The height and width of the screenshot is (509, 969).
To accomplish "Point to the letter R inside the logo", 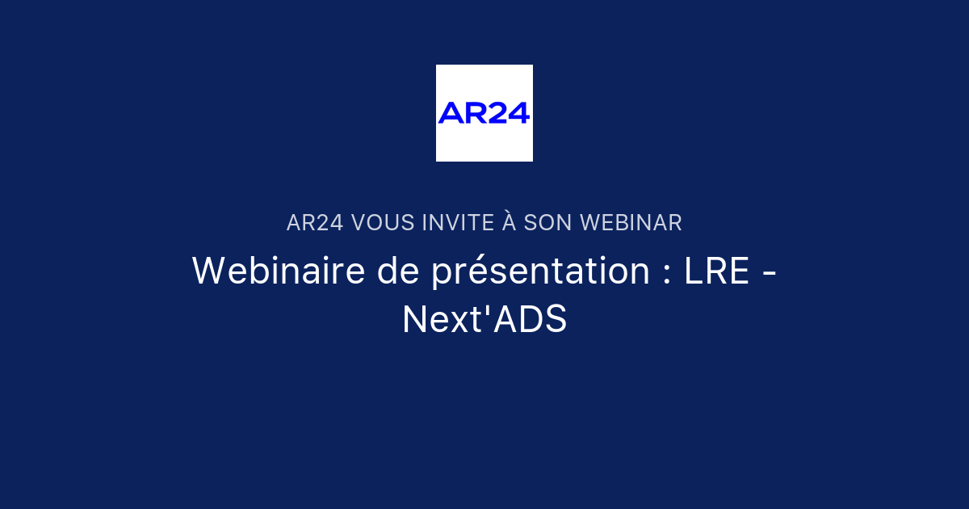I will [475, 113].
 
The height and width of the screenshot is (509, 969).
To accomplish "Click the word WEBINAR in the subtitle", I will [631, 223].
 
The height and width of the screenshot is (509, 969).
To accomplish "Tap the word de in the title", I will [397, 271].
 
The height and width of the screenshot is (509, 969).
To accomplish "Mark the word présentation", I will [540, 272].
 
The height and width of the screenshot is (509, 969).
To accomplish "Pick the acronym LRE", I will [717, 271].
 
